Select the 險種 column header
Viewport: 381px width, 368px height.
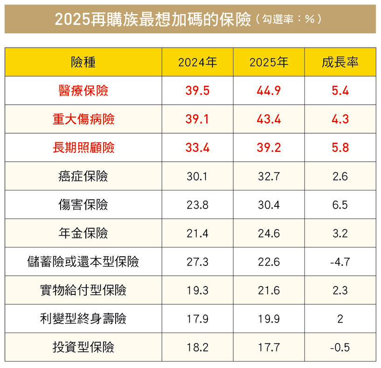click(83, 62)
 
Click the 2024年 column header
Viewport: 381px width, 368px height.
click(198, 62)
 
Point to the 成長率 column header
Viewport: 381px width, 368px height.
click(340, 62)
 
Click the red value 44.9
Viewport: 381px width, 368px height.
click(269, 90)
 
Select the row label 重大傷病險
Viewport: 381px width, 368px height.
click(83, 119)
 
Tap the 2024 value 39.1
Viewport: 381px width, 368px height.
click(198, 119)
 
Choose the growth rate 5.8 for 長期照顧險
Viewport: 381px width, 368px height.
click(340, 148)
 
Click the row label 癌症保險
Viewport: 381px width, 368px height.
click(83, 176)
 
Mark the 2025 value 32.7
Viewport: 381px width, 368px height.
click(269, 176)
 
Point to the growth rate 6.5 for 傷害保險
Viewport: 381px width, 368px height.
click(340, 205)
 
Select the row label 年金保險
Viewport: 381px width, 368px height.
click(83, 233)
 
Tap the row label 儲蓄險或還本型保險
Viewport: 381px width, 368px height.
click(83, 262)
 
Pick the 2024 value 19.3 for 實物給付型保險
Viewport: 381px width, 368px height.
click(198, 291)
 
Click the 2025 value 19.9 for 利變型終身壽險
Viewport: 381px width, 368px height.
click(269, 319)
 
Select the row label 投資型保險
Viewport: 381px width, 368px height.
click(83, 348)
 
